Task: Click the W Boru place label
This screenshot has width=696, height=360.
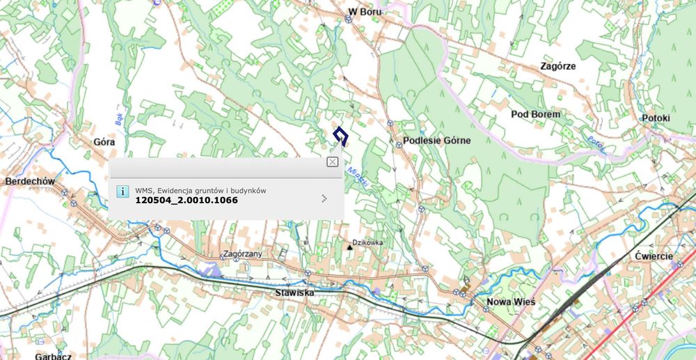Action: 365,12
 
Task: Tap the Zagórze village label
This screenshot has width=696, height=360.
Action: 557,66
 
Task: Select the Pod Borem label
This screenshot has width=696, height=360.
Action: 535,114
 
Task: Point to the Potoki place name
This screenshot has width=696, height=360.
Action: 656,118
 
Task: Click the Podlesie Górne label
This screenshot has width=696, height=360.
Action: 437,140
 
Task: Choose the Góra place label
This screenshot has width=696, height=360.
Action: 104,141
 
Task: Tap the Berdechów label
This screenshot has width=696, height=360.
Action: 30,181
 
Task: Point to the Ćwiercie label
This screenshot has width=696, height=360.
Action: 654,256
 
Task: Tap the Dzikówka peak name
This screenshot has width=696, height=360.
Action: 368,242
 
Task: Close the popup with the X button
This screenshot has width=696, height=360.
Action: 333,162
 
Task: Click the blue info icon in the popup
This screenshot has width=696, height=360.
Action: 122,191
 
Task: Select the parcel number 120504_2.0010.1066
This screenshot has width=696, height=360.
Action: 187,201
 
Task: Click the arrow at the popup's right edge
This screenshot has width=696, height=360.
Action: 324,198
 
